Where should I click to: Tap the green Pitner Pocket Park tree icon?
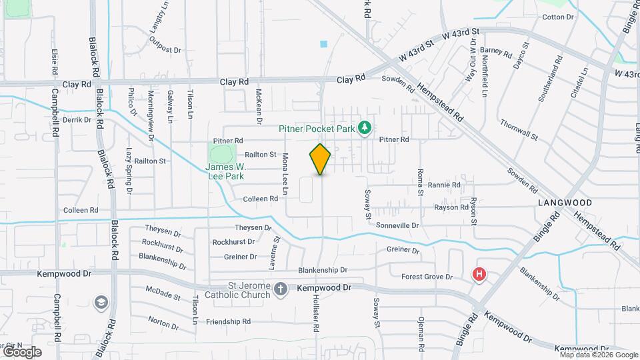pyautogui.click(x=365, y=127)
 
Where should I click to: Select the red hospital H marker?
pyautogui.click(x=479, y=274)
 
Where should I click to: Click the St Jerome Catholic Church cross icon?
pyautogui.click(x=281, y=289)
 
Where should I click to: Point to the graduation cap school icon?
pyautogui.click(x=101, y=303)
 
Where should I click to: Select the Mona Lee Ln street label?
pyautogui.click(x=285, y=174)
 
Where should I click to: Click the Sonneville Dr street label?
pyautogui.click(x=397, y=226)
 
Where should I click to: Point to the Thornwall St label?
pyautogui.click(x=519, y=129)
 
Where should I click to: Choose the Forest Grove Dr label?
pyautogui.click(x=427, y=277)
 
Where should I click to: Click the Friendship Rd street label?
pyautogui.click(x=223, y=321)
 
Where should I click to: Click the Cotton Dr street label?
pyautogui.click(x=558, y=17)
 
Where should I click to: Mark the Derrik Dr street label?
pyautogui.click(x=77, y=120)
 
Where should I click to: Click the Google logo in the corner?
pyautogui.click(x=22, y=351)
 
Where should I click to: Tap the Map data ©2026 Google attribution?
pyautogui.click(x=599, y=355)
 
